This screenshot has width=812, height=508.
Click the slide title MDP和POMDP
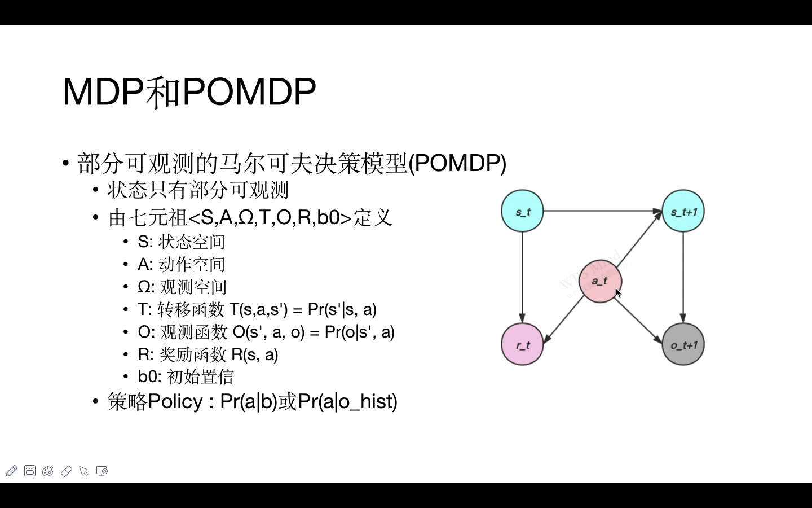[189, 91]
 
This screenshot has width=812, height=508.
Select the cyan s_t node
[522, 211]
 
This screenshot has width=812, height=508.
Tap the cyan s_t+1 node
[683, 211]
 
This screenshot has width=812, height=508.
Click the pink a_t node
[600, 281]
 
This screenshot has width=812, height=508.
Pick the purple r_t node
[522, 344]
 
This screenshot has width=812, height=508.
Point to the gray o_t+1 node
[683, 344]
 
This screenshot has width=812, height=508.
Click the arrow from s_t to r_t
[522, 277]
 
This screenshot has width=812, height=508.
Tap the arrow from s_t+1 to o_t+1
[683, 277]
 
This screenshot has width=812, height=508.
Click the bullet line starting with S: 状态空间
[181, 242]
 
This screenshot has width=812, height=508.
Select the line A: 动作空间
[181, 264]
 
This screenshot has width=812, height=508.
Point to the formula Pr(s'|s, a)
[342, 309]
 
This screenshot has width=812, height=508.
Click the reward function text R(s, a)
[254, 354]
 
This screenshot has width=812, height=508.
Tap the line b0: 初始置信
[186, 376]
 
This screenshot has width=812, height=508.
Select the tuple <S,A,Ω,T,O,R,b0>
[270, 217]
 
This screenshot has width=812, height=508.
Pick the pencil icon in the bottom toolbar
[11, 471]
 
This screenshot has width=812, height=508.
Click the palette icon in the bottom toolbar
[48, 471]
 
